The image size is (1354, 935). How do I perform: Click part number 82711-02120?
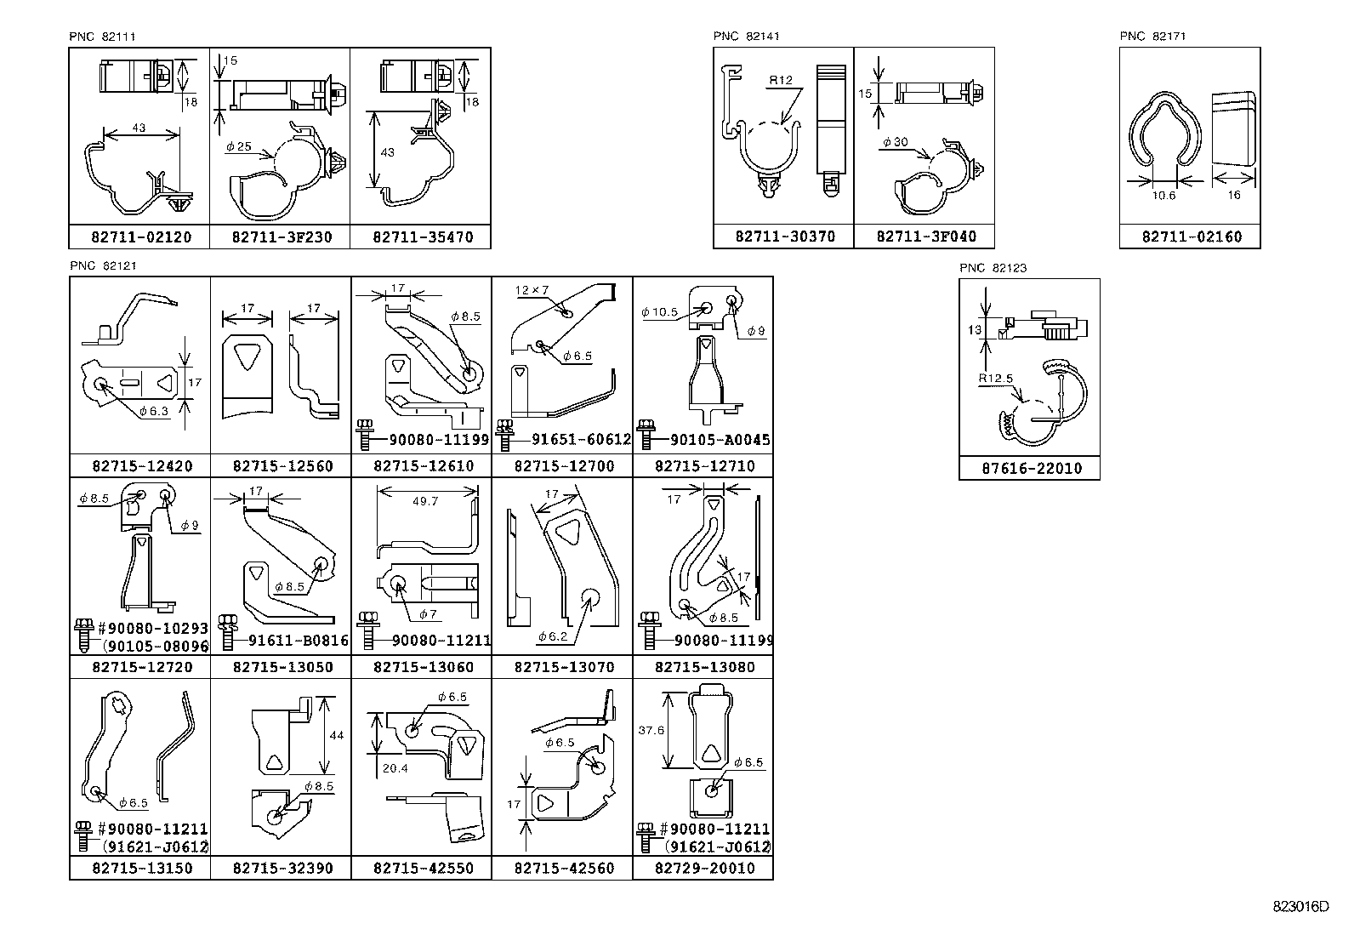coord(140,237)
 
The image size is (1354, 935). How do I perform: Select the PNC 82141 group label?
coord(746,36)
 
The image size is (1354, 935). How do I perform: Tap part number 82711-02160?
coord(1191,237)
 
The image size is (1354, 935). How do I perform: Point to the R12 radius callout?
coord(780,82)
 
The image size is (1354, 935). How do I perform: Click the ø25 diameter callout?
coord(238,146)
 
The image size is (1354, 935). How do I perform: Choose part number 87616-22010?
coord(1029,469)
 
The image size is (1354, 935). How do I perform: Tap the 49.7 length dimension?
coord(424,501)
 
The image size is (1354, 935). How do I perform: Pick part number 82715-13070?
coord(563,667)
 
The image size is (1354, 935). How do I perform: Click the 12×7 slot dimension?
coord(532,291)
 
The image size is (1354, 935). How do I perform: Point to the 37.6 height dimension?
coord(651,730)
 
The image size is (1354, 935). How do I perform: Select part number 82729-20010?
coord(704,869)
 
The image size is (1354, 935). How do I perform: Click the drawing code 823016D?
coord(1300,907)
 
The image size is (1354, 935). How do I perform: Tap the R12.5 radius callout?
coord(994,379)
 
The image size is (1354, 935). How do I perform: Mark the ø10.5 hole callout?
coord(659,312)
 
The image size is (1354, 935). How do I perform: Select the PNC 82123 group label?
coord(993,268)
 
